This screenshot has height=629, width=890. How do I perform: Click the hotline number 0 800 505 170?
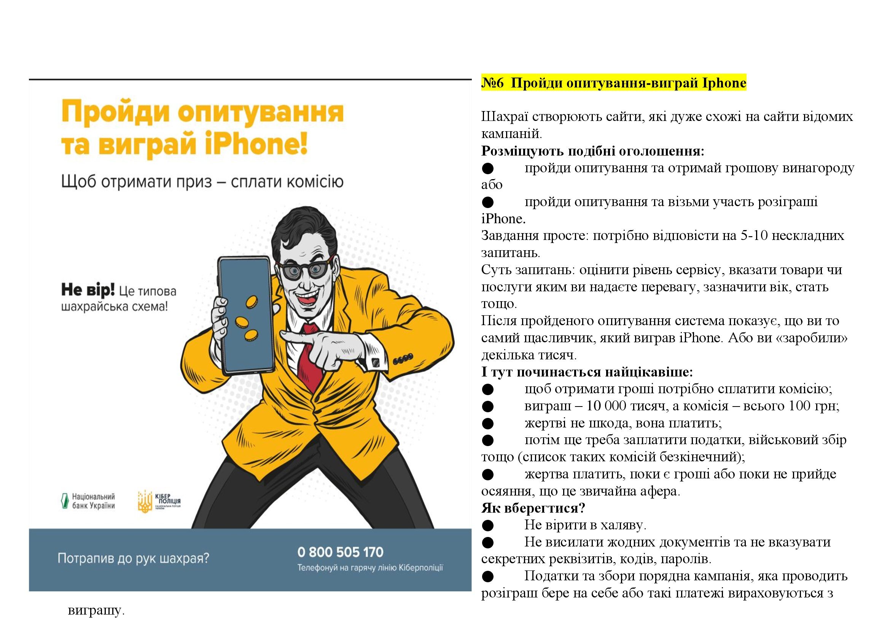point(340,552)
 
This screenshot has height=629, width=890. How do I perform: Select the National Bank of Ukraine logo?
point(89,501)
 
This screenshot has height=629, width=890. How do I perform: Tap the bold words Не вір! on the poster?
point(88,290)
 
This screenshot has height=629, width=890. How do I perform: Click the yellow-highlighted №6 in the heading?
point(492,83)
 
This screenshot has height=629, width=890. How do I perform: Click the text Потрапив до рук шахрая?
point(133,559)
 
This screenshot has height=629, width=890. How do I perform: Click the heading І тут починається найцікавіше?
point(587,372)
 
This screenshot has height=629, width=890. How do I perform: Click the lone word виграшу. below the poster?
point(96,611)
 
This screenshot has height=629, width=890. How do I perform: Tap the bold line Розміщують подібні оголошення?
point(592,151)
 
